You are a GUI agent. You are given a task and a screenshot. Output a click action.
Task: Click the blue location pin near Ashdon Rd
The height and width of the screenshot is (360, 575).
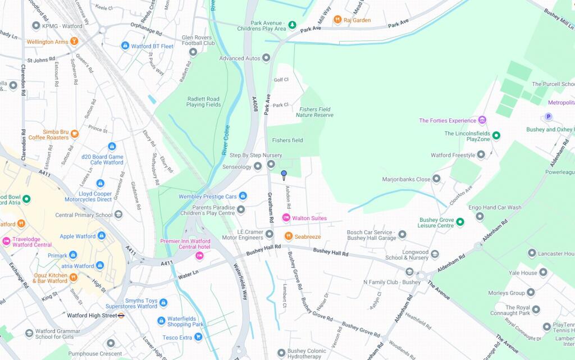pos(284,175)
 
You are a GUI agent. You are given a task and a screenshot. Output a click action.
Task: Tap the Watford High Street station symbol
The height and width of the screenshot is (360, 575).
pos(121,315)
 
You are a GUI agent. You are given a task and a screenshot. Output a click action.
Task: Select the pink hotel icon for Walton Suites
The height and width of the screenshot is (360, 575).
pos(286,218)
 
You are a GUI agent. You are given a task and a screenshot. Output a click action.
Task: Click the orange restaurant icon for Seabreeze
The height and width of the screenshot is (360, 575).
pos(288,236)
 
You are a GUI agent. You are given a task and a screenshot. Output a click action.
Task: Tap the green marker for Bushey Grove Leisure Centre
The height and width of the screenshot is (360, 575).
pos(460,222)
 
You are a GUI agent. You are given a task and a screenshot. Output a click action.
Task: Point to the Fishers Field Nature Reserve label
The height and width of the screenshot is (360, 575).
pos(314,112)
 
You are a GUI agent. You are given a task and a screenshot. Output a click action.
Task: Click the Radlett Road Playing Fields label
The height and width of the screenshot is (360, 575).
pos(204,102)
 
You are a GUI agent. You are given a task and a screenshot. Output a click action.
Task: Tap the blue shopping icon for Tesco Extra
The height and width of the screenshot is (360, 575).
pos(199,337)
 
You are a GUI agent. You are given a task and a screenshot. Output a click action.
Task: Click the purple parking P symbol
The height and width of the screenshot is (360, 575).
pos(549,117)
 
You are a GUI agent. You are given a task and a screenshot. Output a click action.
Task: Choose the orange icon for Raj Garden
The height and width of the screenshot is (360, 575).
pos(337,20)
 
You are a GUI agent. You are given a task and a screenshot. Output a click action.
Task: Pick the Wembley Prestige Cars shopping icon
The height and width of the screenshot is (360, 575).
pos(243,196)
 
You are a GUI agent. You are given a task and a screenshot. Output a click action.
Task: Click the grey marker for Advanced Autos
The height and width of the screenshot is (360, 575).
pos(266,58)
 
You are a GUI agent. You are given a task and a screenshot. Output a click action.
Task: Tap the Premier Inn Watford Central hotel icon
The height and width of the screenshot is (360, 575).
pos(199,256)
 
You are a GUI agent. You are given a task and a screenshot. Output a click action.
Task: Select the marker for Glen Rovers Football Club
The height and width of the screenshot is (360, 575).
pos(193,52)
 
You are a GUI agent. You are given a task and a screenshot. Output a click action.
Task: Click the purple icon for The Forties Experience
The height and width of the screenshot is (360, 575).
pos(482,120)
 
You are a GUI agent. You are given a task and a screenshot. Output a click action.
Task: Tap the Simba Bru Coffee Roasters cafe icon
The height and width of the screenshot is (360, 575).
pos(75,134)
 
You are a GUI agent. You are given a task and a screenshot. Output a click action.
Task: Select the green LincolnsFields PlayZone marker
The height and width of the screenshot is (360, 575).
pos(496,135)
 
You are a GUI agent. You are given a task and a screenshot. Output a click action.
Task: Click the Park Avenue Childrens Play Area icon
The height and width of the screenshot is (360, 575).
pos(292,26)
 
